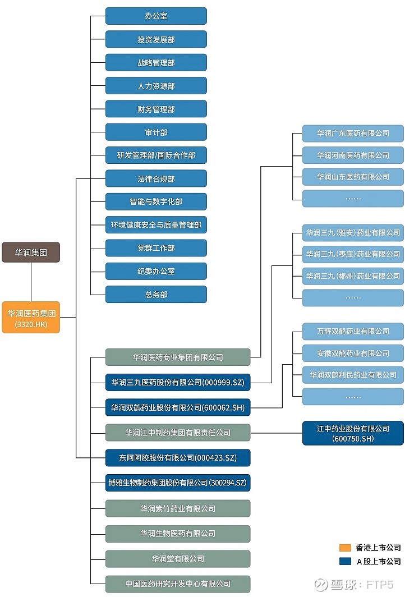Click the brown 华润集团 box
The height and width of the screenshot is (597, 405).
point(31,252)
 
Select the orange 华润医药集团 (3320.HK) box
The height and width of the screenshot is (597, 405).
point(31,318)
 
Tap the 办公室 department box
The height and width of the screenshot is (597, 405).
point(156,16)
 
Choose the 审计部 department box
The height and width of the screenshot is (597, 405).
point(156,132)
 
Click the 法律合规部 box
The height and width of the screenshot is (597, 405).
point(156,179)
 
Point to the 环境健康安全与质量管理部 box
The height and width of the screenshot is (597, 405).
point(156,225)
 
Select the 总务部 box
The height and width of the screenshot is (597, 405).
point(156,295)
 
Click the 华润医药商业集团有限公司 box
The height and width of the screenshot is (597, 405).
point(178,357)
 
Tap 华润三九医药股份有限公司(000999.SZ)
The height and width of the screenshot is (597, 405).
point(178,382)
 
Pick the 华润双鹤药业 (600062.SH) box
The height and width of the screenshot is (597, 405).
point(178,407)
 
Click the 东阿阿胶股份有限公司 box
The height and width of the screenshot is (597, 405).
point(178,458)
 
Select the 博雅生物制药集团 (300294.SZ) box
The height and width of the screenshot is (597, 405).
point(178,483)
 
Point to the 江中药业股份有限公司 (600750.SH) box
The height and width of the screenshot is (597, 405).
point(353,433)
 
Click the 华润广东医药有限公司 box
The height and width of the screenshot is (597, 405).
point(353,134)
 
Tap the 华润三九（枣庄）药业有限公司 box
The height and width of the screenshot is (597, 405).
point(353,254)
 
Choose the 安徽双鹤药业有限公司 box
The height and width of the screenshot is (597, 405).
point(353,353)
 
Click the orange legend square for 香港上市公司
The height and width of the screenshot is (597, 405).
point(346,548)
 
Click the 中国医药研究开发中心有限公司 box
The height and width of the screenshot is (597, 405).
point(178,584)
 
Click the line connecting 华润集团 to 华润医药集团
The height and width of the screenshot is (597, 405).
point(31,282)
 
